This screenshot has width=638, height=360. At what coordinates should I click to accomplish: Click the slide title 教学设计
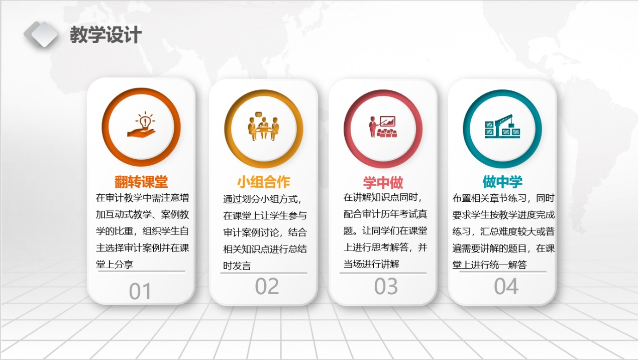click(105, 35)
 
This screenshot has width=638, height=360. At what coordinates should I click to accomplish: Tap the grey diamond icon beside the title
click(41, 34)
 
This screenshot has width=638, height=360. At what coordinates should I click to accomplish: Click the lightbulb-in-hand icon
click(142, 125)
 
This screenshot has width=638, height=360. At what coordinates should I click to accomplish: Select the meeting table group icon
click(263, 127)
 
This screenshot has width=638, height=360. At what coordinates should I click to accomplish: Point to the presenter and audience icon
click(383, 127)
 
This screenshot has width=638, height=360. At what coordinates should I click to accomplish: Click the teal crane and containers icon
click(503, 127)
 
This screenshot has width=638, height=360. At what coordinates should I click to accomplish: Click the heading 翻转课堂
click(141, 182)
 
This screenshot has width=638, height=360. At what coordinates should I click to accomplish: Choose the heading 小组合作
click(263, 182)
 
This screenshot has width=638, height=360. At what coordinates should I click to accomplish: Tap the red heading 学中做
click(383, 182)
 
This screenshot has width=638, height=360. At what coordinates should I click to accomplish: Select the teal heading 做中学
click(502, 182)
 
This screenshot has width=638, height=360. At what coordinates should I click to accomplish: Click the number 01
click(140, 291)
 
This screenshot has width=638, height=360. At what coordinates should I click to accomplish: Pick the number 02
click(267, 286)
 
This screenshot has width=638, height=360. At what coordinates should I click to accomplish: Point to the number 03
click(386, 286)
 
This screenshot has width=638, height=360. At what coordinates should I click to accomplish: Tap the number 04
click(506, 286)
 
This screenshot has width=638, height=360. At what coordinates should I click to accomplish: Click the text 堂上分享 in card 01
click(115, 265)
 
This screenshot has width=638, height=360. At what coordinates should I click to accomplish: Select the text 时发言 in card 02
click(237, 266)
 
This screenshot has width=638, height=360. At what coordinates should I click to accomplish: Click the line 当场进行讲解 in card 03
click(371, 264)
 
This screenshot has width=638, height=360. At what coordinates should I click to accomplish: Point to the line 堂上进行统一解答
click(490, 265)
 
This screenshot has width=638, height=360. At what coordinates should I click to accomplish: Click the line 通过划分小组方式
click(262, 199)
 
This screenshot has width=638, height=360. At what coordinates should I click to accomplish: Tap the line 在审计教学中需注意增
click(142, 198)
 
